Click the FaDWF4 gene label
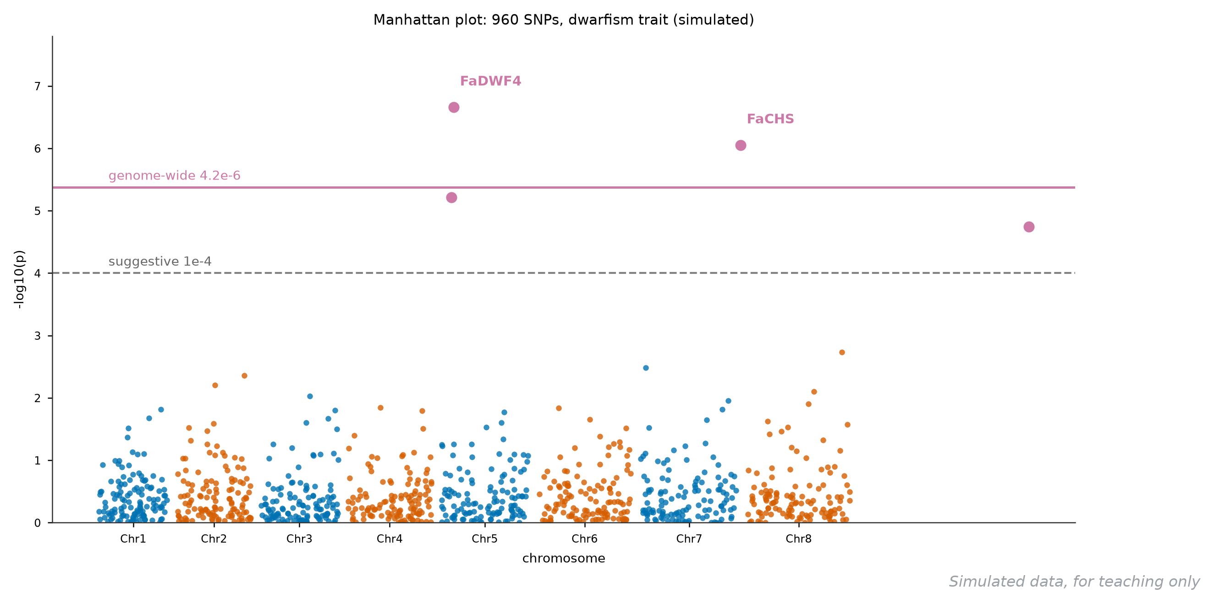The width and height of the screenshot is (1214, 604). coord(491,82)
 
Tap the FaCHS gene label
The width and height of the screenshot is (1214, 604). coord(770,119)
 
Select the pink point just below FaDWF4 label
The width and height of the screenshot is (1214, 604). coord(454,107)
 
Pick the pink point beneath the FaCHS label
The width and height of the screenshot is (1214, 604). coord(741,146)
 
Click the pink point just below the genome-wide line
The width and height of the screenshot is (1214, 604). coord(451,198)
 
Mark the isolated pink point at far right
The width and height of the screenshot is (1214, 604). coord(1029,227)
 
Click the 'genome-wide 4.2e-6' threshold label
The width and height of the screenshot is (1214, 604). coord(174,176)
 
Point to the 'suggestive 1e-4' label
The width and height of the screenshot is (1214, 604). coord(160,262)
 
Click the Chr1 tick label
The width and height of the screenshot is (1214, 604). coord(133,539)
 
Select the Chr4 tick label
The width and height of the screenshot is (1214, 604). coord(390,539)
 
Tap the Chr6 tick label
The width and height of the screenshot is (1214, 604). coord(585,539)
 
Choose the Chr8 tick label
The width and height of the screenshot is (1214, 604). coord(799,539)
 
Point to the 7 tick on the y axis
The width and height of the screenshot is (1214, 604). coord(38,87)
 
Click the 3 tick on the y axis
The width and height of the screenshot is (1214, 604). coord(38,336)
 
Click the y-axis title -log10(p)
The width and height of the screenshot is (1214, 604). coord(19,280)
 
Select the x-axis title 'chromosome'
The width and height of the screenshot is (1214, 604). coord(564,559)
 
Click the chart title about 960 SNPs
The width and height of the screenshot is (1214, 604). coord(564,20)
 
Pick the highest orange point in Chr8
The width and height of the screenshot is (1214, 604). coord(842,353)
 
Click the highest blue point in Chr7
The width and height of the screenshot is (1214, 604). coord(646,368)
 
